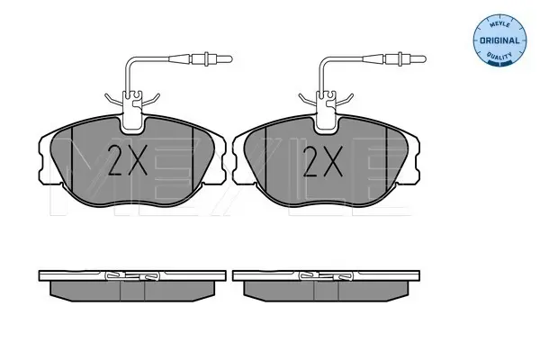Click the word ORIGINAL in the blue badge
[499, 40]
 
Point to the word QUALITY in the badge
[499, 55]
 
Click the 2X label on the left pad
[128, 160]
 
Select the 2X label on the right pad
[323, 161]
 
